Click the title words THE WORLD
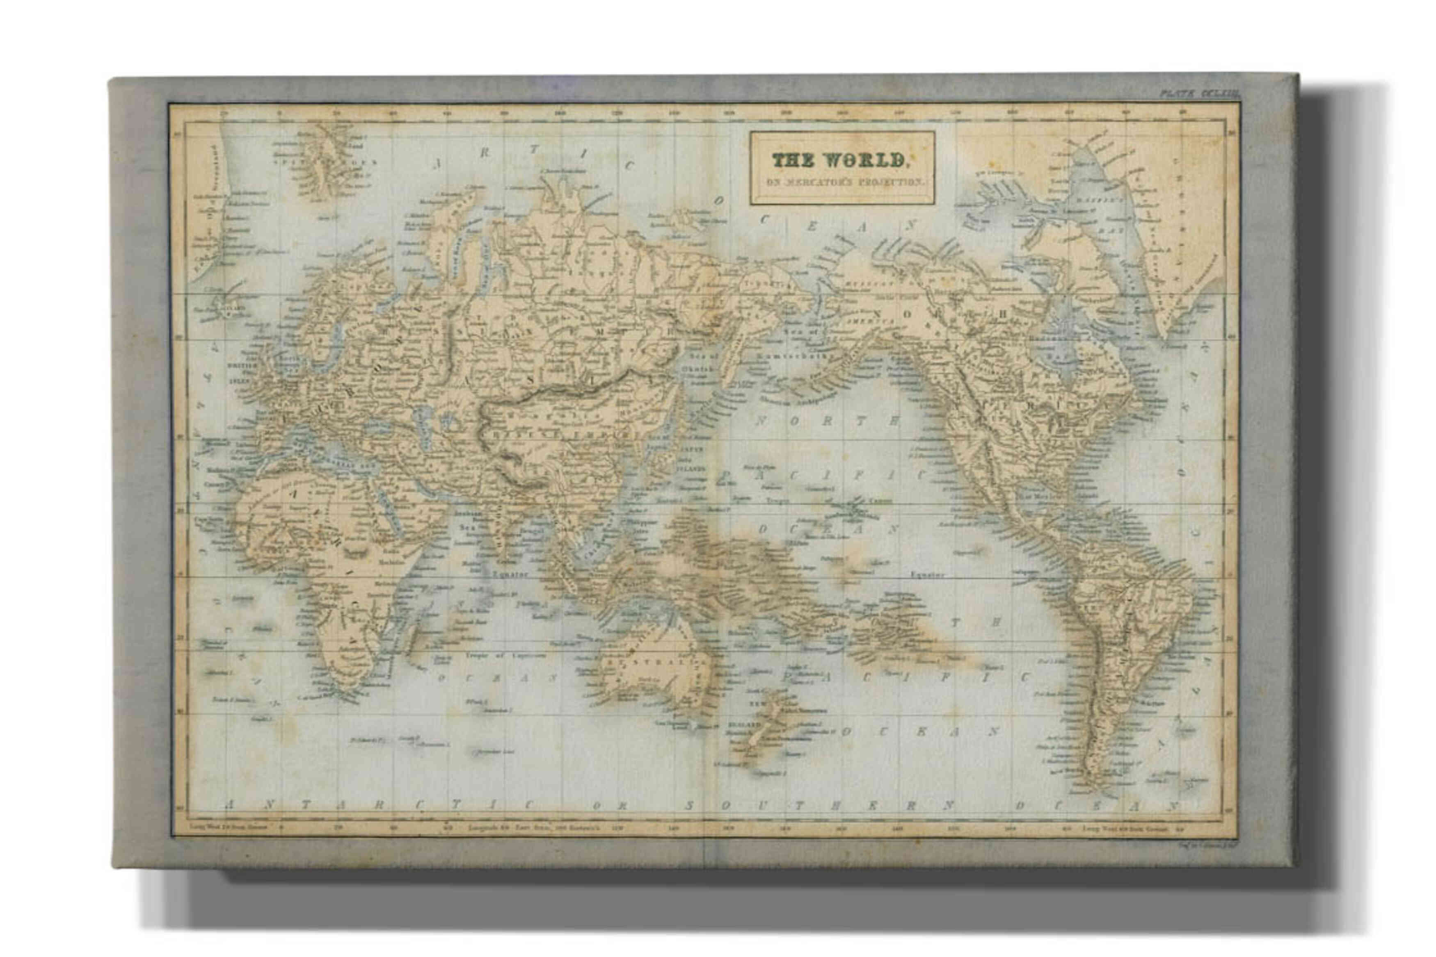[x=838, y=160]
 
